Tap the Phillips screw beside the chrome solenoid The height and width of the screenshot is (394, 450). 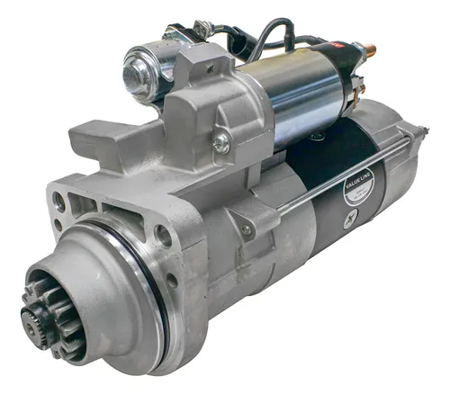pos(220,142)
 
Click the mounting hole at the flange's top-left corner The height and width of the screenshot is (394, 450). pos(60,204)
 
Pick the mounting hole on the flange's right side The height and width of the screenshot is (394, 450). pos(163,236)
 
